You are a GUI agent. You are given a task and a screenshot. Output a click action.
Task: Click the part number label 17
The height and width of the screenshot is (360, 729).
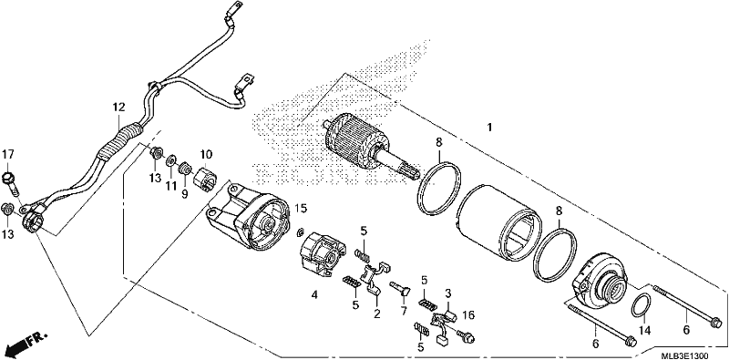pos(8,154)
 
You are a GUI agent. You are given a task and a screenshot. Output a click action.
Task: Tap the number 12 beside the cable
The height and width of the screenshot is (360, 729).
pos(118,108)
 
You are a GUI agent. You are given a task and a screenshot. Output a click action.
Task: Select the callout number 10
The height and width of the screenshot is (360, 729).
pos(206,154)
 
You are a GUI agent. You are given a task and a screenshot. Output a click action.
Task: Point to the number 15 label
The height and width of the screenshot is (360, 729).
pos(302,209)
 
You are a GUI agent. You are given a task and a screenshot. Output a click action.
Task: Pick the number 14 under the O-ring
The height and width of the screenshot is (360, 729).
pos(645,331)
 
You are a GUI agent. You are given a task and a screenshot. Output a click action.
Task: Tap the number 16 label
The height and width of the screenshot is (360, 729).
pos(467,316)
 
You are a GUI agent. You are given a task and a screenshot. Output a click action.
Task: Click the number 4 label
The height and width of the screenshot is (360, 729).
pos(314,294)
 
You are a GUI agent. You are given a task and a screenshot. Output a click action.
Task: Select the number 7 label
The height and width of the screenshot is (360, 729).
pos(403,310)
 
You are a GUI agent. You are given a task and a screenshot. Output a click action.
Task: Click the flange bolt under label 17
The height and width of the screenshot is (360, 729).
pos(11,184)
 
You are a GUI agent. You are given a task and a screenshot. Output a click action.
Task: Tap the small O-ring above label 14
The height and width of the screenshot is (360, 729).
pos(641,305)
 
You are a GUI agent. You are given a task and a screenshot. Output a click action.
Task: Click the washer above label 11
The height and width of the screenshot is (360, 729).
pos(170,160)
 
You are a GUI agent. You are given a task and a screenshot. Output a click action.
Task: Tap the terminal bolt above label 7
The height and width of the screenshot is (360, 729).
pos(400,289)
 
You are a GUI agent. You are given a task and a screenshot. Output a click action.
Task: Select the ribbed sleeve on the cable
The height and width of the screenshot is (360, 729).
pos(118,142)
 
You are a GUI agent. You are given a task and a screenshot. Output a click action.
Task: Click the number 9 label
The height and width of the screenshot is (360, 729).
pos(185,194)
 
